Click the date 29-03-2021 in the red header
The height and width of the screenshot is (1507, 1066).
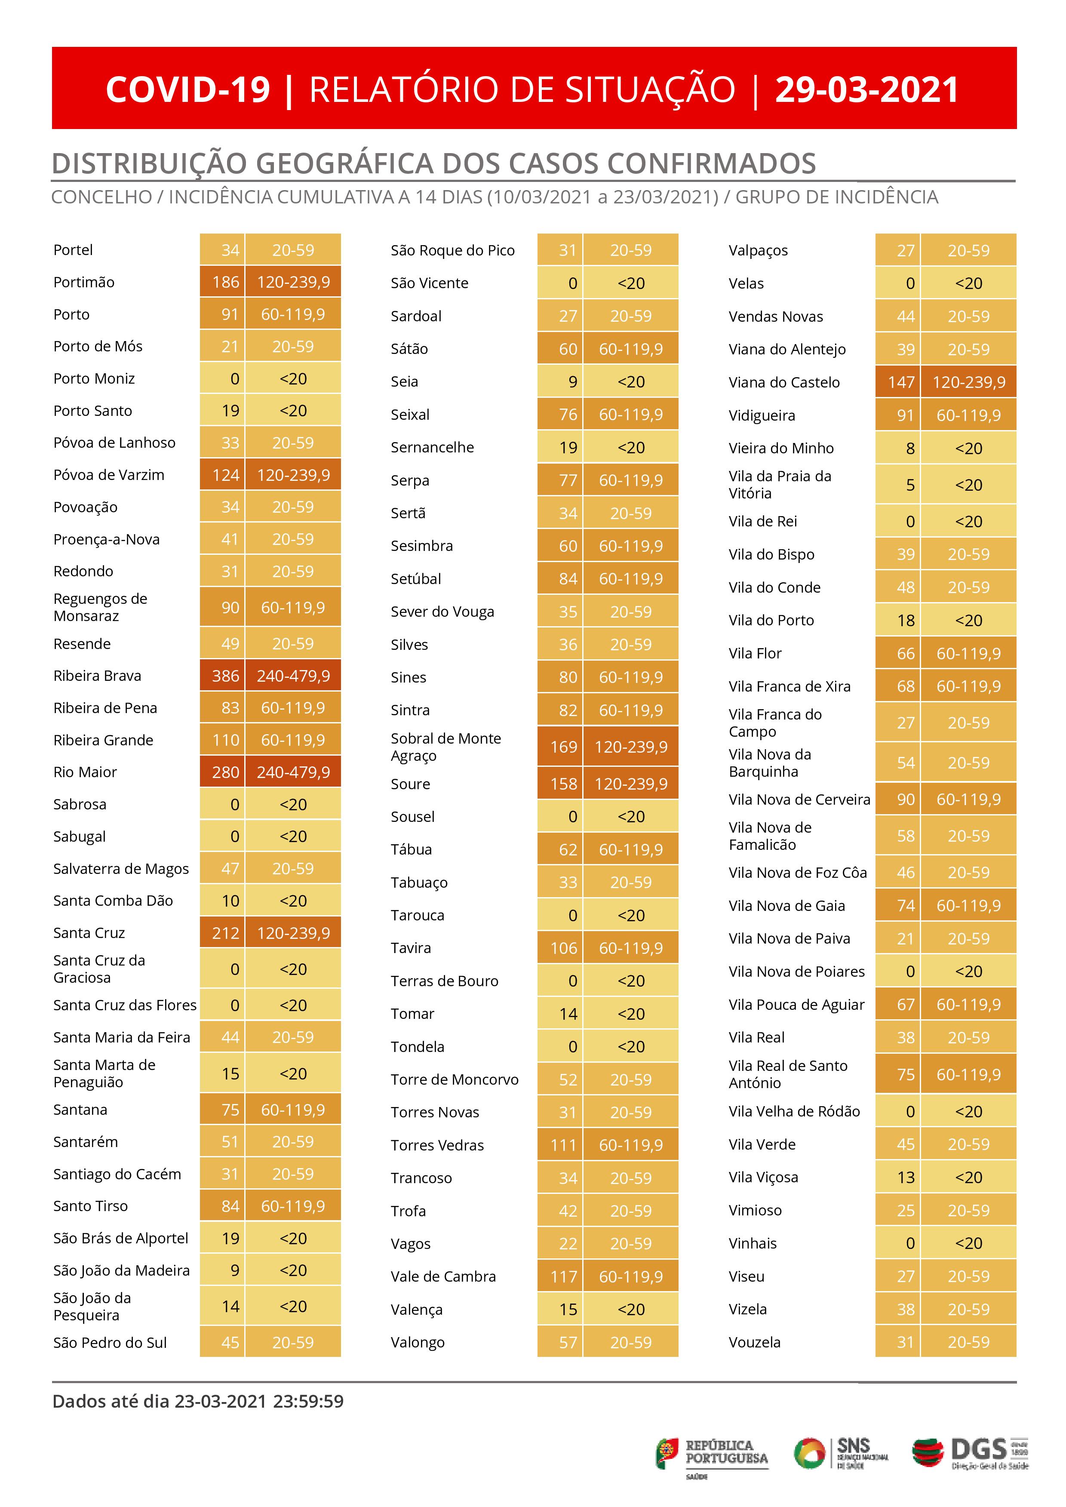(x=866, y=90)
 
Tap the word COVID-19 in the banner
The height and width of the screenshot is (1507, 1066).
(x=188, y=90)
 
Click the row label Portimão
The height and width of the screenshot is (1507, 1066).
(x=84, y=282)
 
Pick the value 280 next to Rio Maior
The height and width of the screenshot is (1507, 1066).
(x=225, y=772)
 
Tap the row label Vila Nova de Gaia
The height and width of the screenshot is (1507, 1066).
(x=786, y=906)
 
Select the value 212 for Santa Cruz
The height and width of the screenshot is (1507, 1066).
(x=225, y=933)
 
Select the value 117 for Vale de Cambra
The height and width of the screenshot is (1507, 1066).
(x=563, y=1276)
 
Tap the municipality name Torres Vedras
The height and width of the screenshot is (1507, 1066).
(x=437, y=1145)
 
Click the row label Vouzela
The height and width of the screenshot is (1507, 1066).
(x=754, y=1342)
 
